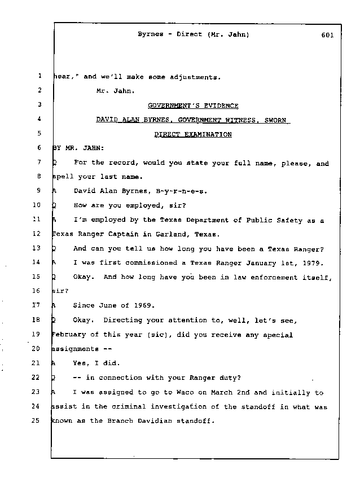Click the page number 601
(326, 34)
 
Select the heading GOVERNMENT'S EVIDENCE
(193, 106)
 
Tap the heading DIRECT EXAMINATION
(193, 134)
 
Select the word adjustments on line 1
(191, 77)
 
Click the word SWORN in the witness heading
(275, 120)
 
